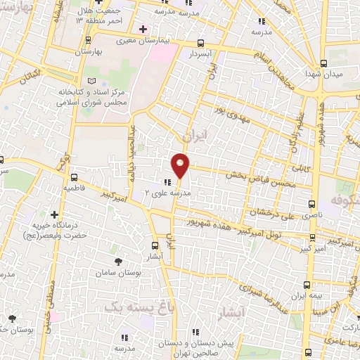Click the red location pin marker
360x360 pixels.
pos(181,165)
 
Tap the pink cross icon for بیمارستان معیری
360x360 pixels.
pos(143,29)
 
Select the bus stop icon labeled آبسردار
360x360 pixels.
pos(202,43)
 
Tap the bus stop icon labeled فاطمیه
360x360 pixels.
pos(73,178)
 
